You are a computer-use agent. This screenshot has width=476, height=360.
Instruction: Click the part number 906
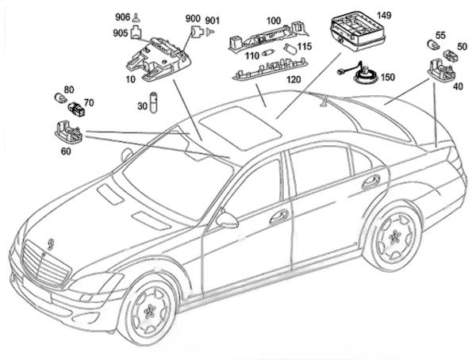tap(122, 17)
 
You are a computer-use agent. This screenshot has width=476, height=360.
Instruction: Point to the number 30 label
tap(143, 105)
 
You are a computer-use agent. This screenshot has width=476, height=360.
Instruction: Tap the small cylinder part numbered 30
tap(155, 103)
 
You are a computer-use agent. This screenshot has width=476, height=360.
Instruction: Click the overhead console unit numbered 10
tap(156, 59)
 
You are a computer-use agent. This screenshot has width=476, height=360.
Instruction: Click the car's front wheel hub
tap(152, 310)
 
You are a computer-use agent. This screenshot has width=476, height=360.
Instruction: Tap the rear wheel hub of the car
tap(394, 237)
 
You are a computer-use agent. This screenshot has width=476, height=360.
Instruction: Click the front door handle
tap(278, 216)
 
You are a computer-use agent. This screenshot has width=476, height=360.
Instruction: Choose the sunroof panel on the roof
tap(238, 125)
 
